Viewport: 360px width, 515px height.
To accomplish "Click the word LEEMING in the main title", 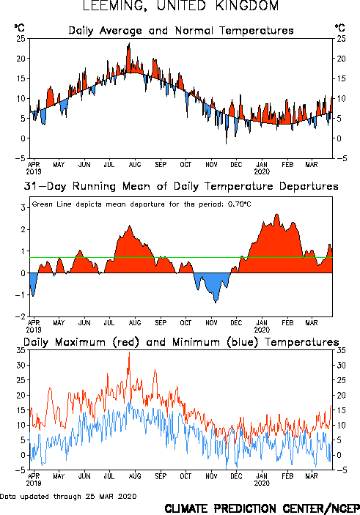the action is tap(114, 6).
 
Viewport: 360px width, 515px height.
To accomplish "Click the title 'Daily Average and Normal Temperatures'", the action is tap(181, 31).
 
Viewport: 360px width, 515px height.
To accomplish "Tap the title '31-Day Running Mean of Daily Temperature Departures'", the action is tap(181, 186).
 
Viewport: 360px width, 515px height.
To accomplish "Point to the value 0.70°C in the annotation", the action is tap(239, 204).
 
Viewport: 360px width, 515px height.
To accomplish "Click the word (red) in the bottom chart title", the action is tap(126, 342).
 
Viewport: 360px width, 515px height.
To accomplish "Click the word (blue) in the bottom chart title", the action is tap(243, 342).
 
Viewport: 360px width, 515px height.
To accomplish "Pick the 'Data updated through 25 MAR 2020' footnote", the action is tap(68, 496).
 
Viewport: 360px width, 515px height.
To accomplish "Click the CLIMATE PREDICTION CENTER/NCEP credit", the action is tap(262, 508).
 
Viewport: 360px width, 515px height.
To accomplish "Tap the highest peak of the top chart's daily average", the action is tap(129, 43).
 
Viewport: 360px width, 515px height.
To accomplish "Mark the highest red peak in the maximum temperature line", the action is tap(129, 352).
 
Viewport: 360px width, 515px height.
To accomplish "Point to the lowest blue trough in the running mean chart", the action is tap(216, 302).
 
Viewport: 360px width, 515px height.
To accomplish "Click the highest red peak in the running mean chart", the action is tap(277, 214).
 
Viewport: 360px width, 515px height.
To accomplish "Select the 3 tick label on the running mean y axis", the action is tap(23, 207).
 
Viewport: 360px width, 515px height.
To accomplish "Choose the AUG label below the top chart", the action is tap(135, 164).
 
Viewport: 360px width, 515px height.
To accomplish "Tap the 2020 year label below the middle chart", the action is tap(262, 330).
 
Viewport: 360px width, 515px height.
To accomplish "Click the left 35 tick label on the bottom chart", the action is tap(21, 350).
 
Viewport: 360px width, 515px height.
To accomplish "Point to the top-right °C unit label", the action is tap(340, 28).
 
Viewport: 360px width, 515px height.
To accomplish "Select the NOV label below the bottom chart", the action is tap(211, 476).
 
